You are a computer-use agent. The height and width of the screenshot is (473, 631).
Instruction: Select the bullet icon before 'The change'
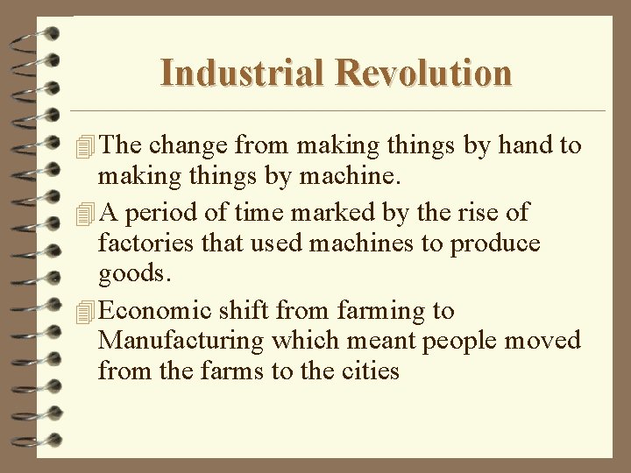tap(84, 146)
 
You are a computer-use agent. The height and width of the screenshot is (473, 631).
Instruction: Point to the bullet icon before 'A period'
tap(84, 213)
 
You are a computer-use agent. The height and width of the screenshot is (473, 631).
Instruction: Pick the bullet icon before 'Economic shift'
tap(84, 312)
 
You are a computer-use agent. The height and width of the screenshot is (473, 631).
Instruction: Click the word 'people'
tap(459, 341)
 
